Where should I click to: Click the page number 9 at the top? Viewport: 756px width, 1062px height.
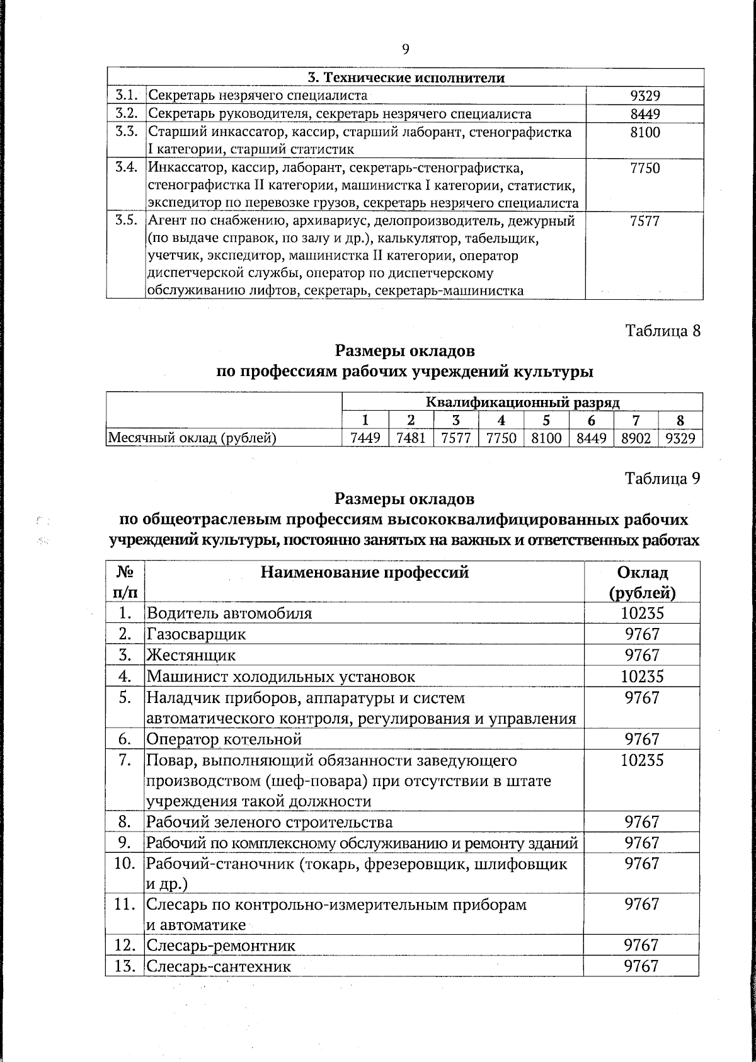405,50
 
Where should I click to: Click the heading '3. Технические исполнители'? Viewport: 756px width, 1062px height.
406,78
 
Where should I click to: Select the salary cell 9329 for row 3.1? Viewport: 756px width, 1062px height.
644,96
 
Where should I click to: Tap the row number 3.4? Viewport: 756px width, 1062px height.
127,168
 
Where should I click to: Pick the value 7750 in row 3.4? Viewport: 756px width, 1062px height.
644,168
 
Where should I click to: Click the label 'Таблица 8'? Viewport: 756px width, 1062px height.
662,331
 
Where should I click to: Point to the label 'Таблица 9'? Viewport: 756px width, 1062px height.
662,479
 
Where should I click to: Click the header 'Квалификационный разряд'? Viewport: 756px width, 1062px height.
522,403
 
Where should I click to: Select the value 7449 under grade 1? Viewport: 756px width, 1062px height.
365,438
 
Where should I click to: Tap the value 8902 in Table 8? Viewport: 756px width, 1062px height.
636,438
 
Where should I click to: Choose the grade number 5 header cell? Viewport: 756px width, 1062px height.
546,420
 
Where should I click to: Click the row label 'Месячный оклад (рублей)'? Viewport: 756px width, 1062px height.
192,438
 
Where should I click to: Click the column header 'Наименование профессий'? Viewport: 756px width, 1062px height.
365,572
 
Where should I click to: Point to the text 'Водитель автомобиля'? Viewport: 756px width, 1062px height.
229,613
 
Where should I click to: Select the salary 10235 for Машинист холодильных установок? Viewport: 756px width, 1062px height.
642,676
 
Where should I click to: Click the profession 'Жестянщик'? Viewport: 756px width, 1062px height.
192,655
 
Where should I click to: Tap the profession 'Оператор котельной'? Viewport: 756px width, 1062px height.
224,739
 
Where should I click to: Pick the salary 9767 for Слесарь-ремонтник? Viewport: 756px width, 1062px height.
641,945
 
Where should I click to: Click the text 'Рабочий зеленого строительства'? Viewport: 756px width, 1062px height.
270,822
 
